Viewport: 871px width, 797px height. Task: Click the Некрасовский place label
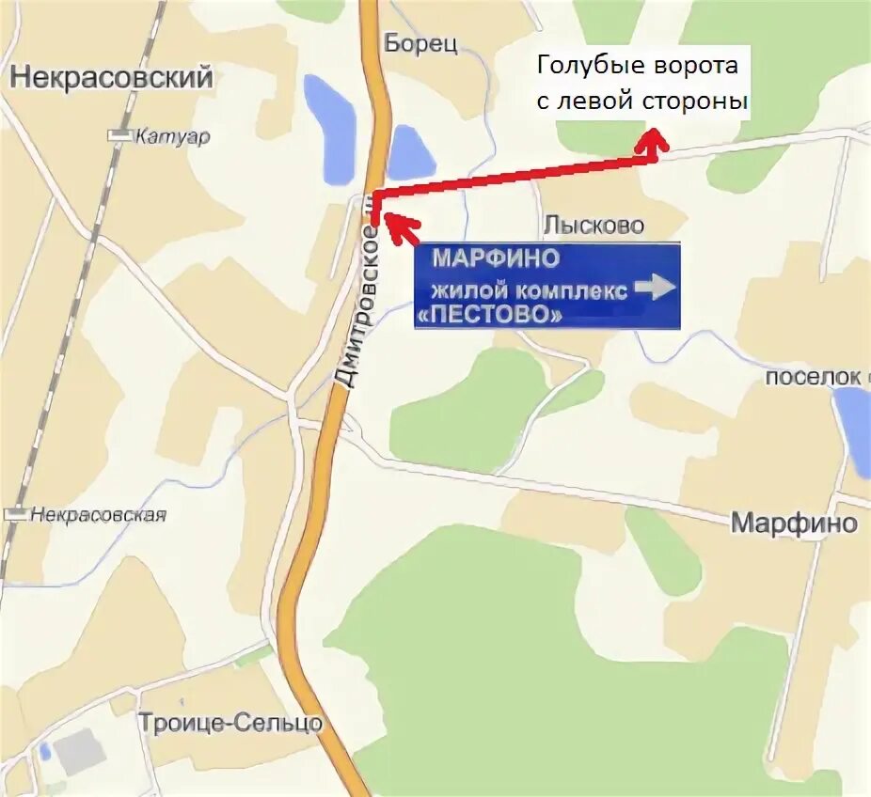click(112, 78)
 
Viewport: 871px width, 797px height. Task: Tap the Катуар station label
click(172, 137)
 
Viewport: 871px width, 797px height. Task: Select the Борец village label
click(420, 44)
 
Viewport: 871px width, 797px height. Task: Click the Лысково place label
click(594, 226)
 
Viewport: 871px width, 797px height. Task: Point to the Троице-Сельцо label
click(230, 723)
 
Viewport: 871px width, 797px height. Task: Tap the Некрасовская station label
click(98, 514)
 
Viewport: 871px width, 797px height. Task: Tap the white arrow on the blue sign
click(656, 287)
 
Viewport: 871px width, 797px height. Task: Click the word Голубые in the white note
click(584, 68)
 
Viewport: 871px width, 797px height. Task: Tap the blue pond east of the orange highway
click(410, 152)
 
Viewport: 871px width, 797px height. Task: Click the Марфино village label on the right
click(795, 524)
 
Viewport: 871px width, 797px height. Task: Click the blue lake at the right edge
click(853, 428)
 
